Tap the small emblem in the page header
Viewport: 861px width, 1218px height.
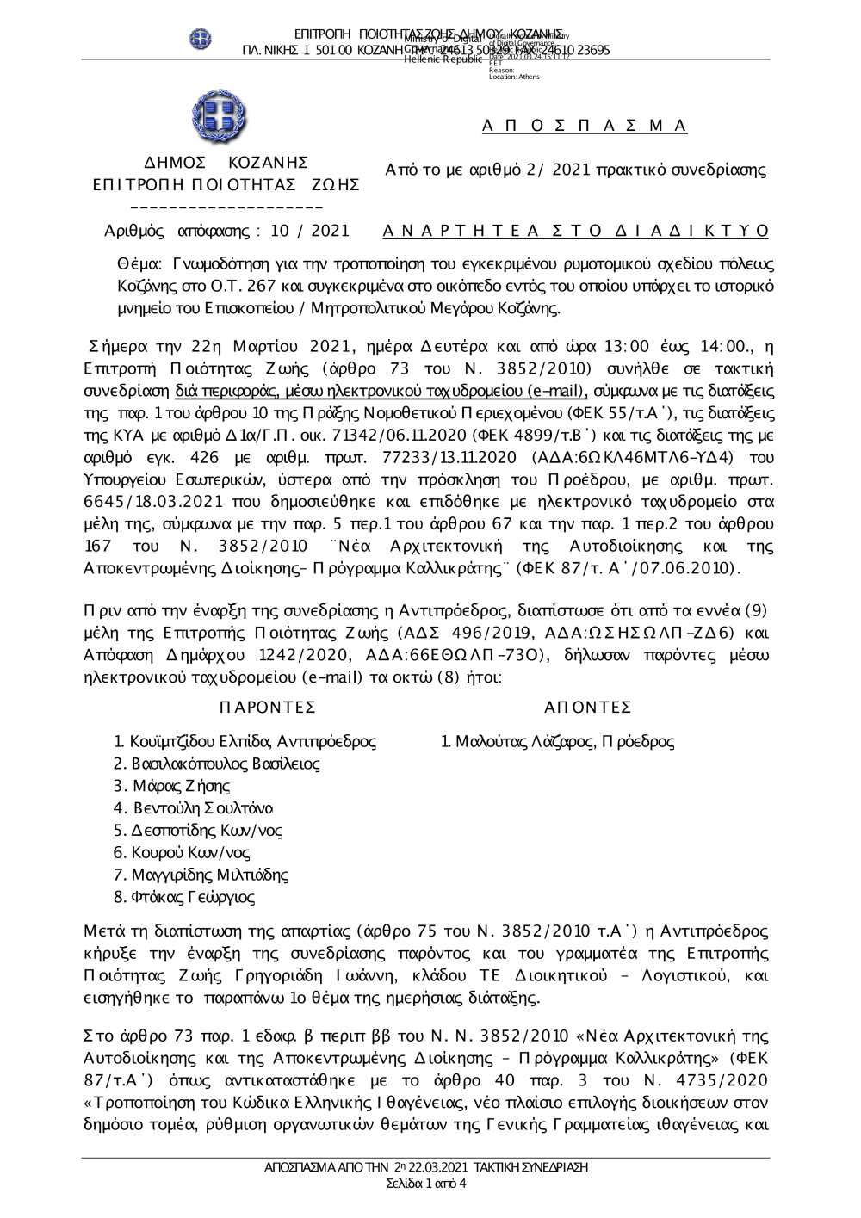point(201,39)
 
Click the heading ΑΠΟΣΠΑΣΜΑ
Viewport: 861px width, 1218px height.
point(585,127)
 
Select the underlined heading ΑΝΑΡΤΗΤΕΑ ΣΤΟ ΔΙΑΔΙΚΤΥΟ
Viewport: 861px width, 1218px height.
point(575,231)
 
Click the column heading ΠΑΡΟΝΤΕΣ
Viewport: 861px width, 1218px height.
point(268,708)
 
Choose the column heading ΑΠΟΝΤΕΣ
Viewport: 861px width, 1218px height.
point(588,708)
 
